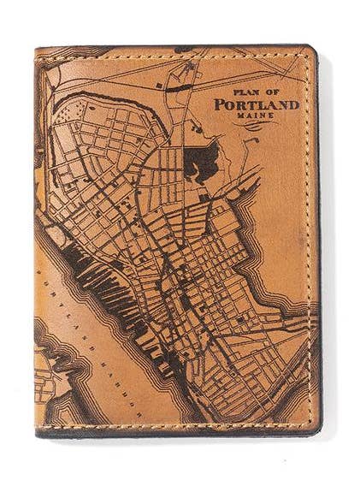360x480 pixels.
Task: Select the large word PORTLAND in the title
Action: [256, 105]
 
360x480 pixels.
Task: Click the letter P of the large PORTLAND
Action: [219, 105]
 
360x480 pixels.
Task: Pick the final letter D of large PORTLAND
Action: [293, 105]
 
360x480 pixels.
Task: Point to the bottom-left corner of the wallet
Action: [39, 434]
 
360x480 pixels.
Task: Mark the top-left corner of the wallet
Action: [38, 50]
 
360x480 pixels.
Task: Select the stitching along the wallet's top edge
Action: [171, 55]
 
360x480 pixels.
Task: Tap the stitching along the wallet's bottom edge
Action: [171, 426]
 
